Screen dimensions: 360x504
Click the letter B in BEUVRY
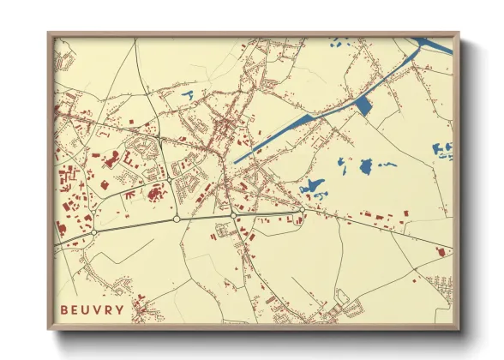(63, 309)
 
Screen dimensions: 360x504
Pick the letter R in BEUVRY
(107, 309)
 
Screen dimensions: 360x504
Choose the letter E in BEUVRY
(75, 309)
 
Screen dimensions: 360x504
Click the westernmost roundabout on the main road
(94, 231)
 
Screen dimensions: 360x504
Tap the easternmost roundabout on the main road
(302, 208)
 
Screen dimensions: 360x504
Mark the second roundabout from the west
(177, 219)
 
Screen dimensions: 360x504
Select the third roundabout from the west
(235, 215)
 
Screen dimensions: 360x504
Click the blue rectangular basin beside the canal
(363, 105)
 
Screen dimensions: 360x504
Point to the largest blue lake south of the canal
(313, 184)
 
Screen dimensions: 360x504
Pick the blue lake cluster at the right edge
(442, 152)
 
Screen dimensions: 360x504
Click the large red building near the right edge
(441, 251)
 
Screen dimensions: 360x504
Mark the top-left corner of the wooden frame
(50, 35)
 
